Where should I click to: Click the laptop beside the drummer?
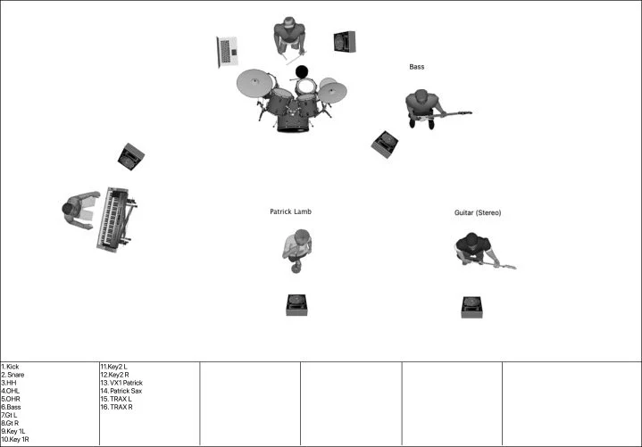227,51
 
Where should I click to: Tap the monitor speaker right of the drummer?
345,41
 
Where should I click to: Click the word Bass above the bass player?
417,67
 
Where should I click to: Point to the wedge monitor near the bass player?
385,143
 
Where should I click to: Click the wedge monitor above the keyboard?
130,158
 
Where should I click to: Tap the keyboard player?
79,211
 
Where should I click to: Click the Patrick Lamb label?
290,211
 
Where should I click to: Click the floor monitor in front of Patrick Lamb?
297,304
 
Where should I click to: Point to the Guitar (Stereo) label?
478,213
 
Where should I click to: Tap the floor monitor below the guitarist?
471,306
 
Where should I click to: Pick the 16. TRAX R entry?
116,407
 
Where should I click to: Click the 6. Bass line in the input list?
11,407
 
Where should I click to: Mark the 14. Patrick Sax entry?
121,391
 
